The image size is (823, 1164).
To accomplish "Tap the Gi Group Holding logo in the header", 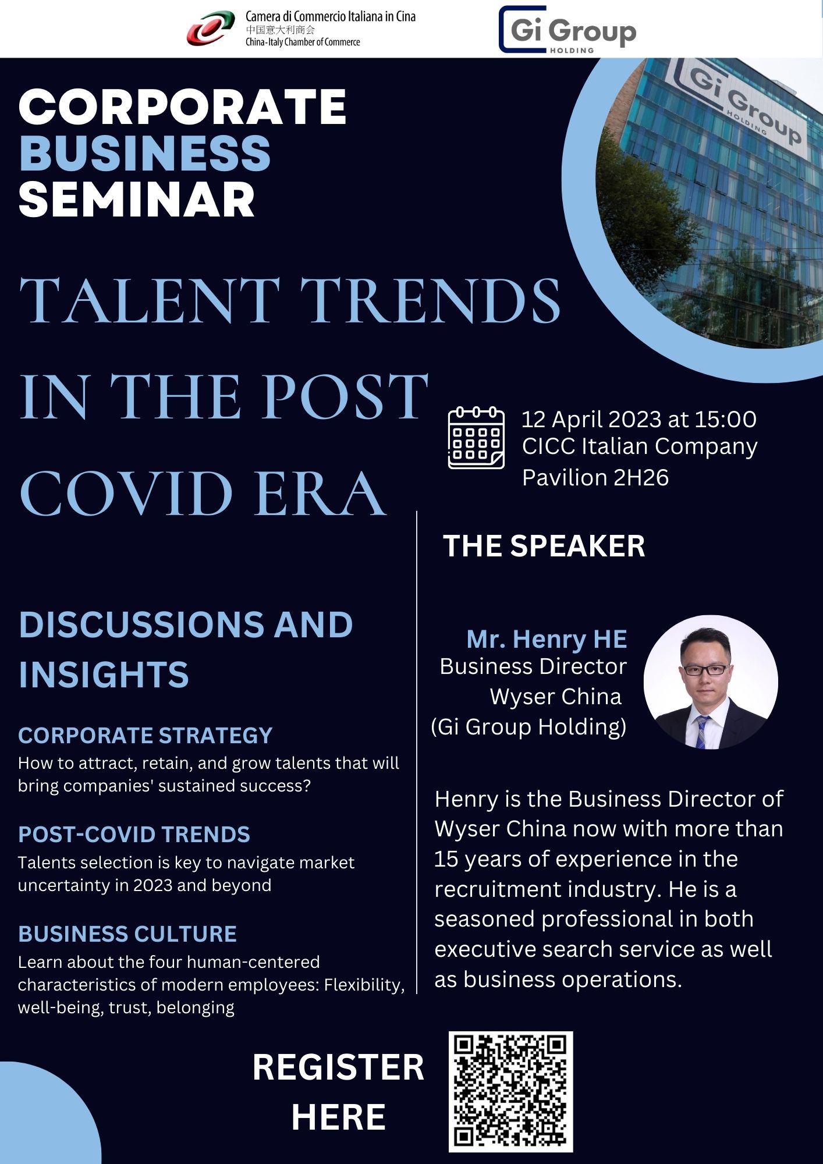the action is tap(567, 30).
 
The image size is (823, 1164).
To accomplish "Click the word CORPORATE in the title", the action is tap(183, 107).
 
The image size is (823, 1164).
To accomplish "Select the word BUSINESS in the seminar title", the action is tap(145, 154).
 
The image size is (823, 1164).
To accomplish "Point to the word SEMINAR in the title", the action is tap(137, 200).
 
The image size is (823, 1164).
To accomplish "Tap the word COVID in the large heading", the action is tap(126, 494).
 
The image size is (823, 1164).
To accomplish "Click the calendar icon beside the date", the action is tap(476, 438).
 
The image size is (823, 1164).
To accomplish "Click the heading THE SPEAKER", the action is tap(544, 546).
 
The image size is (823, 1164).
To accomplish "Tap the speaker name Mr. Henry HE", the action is tap(547, 639).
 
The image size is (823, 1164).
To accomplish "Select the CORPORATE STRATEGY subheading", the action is tap(146, 736).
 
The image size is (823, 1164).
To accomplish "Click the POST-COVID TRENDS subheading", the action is tap(134, 835).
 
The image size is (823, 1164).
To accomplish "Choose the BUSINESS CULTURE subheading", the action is tap(127, 934).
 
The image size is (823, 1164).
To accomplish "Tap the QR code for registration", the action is tap(510, 1092).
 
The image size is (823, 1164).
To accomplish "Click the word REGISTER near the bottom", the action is tap(339, 1067).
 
